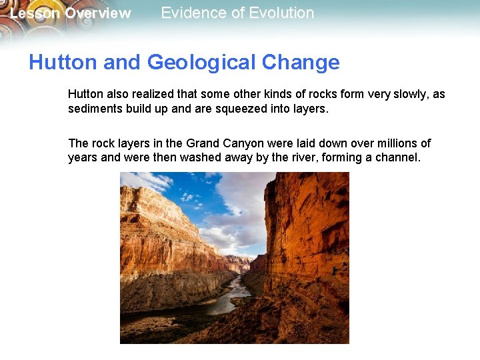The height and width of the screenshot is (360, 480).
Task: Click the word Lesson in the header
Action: point(35,13)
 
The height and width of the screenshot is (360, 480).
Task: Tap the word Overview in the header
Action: point(97,13)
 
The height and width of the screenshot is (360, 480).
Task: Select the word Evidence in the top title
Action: point(191,13)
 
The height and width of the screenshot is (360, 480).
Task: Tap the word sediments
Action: point(94,109)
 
